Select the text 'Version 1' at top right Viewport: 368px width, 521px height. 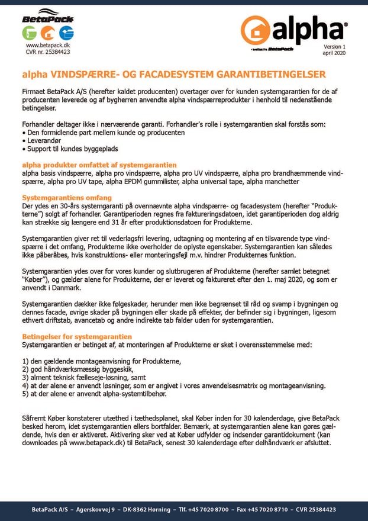tap(334, 46)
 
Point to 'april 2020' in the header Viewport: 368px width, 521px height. tap(334, 53)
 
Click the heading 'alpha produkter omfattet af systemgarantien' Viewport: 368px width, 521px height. tap(99, 164)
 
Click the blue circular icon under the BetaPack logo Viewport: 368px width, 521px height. tap(66, 33)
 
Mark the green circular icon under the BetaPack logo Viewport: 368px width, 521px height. tap(30, 33)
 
